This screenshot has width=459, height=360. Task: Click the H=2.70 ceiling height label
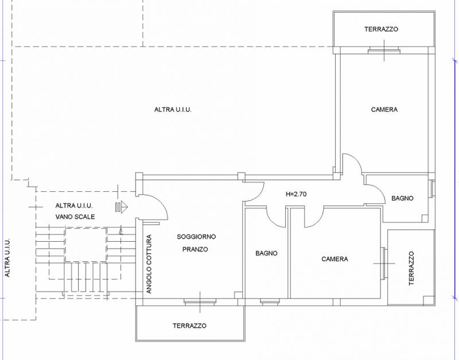click(x=296, y=194)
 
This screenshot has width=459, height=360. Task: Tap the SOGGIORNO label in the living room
click(x=196, y=237)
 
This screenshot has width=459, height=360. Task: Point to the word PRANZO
click(x=195, y=249)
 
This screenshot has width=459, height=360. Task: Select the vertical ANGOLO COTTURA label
click(x=149, y=264)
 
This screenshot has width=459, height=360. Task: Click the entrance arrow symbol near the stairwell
click(x=122, y=206)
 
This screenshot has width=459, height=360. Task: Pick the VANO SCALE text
click(x=75, y=217)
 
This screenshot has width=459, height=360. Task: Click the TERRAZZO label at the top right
click(x=381, y=29)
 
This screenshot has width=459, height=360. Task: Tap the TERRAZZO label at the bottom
click(x=189, y=326)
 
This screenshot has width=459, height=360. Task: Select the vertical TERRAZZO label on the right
click(x=411, y=268)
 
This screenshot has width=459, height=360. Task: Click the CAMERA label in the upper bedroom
click(x=384, y=110)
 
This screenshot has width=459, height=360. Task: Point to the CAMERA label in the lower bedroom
click(x=334, y=259)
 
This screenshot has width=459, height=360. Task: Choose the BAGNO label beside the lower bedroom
click(x=266, y=253)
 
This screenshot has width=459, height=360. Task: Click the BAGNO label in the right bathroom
click(x=403, y=198)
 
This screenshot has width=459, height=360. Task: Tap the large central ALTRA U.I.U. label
click(x=173, y=110)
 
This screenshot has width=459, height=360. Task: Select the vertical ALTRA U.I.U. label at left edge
click(x=7, y=257)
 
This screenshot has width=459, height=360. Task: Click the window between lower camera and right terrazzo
click(x=384, y=264)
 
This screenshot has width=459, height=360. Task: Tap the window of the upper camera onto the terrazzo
click(x=384, y=51)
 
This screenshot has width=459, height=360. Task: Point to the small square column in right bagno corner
click(x=425, y=218)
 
